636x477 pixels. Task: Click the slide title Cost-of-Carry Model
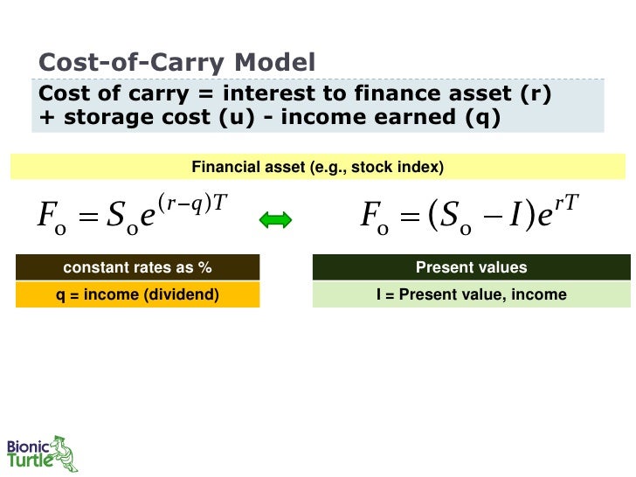pyautogui.click(x=177, y=63)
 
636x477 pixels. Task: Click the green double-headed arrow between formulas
pyautogui.click(x=275, y=222)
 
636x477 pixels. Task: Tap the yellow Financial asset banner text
pyautogui.click(x=317, y=167)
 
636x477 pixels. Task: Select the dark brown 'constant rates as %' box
pyautogui.click(x=137, y=267)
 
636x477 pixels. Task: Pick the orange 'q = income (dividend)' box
pyautogui.click(x=137, y=294)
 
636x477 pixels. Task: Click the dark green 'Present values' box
pyautogui.click(x=471, y=267)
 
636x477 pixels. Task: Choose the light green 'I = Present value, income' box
pyautogui.click(x=471, y=294)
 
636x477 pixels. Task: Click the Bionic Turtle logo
pyautogui.click(x=42, y=453)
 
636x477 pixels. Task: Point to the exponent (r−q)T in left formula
pyautogui.click(x=197, y=203)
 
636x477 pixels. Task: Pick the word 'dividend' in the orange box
pyautogui.click(x=183, y=294)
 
